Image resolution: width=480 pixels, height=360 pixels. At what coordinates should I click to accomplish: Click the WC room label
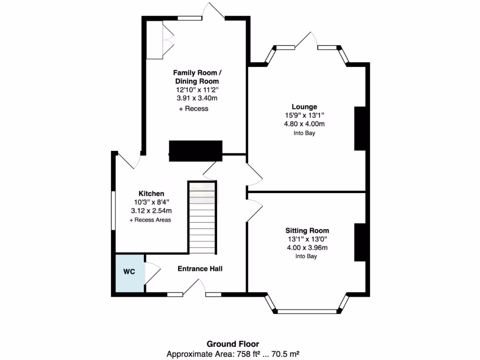click(129, 272)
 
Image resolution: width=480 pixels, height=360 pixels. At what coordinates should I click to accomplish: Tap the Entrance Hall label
click(200, 269)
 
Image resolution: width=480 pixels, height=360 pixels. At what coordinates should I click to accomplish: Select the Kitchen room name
click(151, 194)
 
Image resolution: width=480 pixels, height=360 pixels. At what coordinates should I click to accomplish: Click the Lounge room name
click(304, 107)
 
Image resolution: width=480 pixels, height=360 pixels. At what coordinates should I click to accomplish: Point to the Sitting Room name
click(307, 231)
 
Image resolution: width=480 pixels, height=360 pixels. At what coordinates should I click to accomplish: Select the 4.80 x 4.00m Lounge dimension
click(304, 124)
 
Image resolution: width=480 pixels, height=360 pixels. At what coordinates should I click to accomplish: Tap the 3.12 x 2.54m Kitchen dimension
click(151, 211)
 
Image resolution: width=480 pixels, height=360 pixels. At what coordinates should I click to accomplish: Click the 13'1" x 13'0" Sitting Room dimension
click(307, 239)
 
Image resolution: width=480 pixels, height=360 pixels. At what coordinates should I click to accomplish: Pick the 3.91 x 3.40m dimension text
click(197, 98)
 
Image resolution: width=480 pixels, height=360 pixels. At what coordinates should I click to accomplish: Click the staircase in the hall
click(203, 218)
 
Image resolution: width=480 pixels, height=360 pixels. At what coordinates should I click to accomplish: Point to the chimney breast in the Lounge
click(360, 128)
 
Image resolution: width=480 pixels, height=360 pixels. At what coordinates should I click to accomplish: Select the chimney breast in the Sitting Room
click(360, 242)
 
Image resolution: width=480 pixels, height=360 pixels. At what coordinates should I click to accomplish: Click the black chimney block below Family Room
click(195, 151)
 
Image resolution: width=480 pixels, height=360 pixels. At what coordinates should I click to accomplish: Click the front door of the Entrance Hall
click(195, 287)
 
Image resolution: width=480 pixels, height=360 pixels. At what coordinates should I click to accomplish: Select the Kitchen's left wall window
click(113, 210)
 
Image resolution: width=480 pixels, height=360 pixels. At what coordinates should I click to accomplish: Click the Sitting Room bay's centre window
click(307, 311)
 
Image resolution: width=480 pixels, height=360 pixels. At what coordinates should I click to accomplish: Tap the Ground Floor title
click(233, 344)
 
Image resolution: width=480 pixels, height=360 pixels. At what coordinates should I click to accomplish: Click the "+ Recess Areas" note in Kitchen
click(150, 220)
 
